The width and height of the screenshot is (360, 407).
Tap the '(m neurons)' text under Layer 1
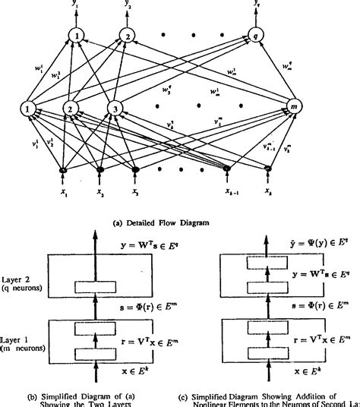click(21, 350)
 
